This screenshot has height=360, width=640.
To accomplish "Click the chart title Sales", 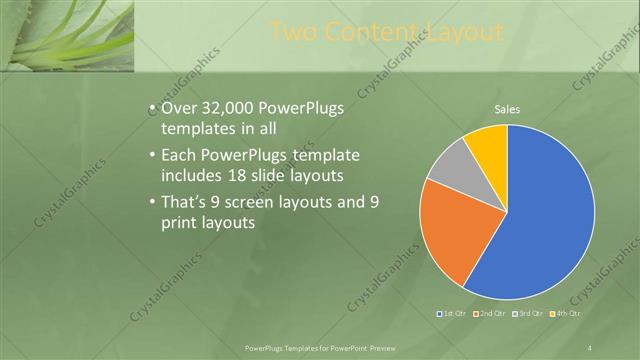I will [x=507, y=109].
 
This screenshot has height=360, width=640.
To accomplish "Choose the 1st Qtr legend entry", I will [x=451, y=314].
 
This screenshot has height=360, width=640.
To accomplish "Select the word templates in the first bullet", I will [x=194, y=128].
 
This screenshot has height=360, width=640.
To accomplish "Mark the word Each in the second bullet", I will [x=178, y=156].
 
